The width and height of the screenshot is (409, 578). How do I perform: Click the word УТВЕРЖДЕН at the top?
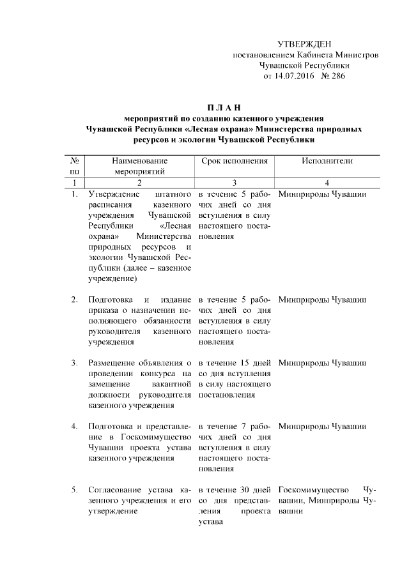[x=304, y=44]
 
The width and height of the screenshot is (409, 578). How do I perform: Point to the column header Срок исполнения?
[x=234, y=162]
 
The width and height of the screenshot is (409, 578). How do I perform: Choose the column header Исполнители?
[x=327, y=162]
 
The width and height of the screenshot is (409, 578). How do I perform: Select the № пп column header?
[x=74, y=167]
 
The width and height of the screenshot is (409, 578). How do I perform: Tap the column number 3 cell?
[x=234, y=183]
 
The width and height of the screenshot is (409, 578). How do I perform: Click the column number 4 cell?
[x=327, y=183]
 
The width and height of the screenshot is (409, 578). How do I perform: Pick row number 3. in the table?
[x=75, y=363]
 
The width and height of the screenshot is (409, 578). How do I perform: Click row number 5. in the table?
[x=75, y=490]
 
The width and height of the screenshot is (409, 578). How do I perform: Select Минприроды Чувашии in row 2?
[x=323, y=300]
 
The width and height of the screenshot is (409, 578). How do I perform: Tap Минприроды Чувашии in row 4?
[x=323, y=427]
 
